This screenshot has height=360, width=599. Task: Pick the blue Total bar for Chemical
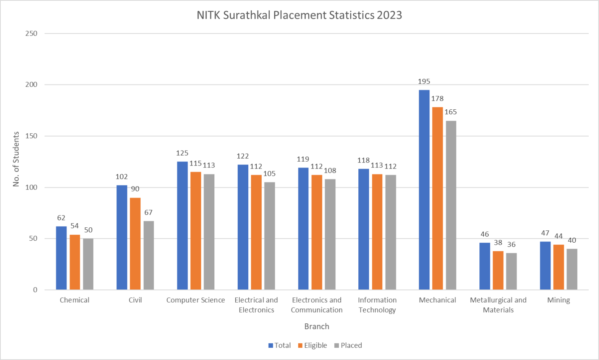point(61,258)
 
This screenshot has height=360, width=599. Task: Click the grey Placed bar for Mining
point(571,269)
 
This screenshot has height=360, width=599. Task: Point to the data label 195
point(424,81)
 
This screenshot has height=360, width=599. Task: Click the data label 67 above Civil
point(149,212)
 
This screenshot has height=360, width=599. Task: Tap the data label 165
point(451,112)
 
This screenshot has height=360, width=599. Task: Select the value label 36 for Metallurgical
point(511,245)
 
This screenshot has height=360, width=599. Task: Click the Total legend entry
point(280,345)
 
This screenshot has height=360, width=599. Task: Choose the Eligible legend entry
point(312,345)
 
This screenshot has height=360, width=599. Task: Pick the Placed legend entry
point(348,345)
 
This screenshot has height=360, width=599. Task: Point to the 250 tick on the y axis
point(31,34)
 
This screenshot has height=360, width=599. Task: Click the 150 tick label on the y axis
point(31,136)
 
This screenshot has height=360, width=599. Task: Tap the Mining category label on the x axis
point(559,300)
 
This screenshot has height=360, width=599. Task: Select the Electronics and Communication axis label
point(317,305)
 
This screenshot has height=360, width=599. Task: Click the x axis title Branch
point(317,326)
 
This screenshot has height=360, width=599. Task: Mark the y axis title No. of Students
point(16,159)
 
